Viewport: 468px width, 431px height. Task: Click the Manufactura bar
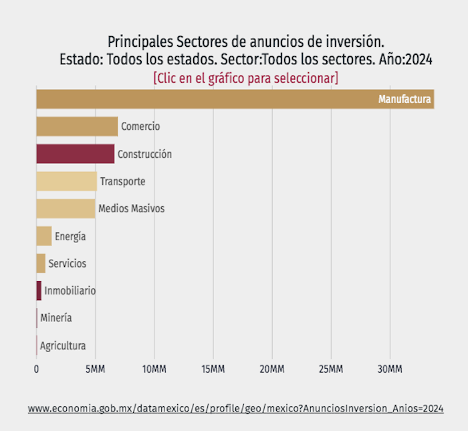(x=201, y=99)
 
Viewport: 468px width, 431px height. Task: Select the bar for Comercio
(x=77, y=126)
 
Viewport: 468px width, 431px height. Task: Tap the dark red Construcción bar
(x=75, y=154)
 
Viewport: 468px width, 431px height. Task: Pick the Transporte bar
(x=66, y=181)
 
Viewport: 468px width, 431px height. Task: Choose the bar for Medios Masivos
(x=66, y=209)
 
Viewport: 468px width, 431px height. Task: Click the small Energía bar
(x=43, y=236)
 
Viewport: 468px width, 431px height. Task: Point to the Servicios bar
(x=41, y=264)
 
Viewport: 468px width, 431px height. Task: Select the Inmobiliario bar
(x=39, y=291)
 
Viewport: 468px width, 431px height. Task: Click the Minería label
(x=56, y=318)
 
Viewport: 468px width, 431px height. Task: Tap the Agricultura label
(x=63, y=346)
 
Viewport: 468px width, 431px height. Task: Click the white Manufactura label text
(x=404, y=100)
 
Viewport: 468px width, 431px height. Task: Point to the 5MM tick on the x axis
(x=95, y=369)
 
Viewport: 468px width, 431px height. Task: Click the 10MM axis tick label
(x=154, y=369)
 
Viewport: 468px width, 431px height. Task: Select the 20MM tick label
(x=272, y=369)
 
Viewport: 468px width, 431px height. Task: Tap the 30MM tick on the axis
(x=390, y=369)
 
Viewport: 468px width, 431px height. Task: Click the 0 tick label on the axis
(x=37, y=369)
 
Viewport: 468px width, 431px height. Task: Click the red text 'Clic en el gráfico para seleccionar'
(x=245, y=78)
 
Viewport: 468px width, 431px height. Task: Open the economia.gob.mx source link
(x=235, y=408)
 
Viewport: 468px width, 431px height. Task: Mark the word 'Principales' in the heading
(x=139, y=41)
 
